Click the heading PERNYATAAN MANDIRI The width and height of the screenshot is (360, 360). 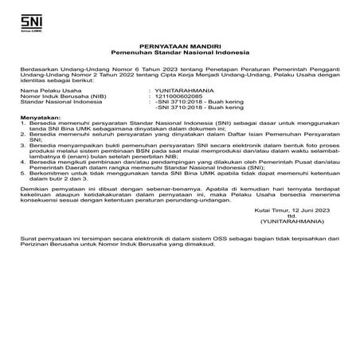[x=179, y=47]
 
